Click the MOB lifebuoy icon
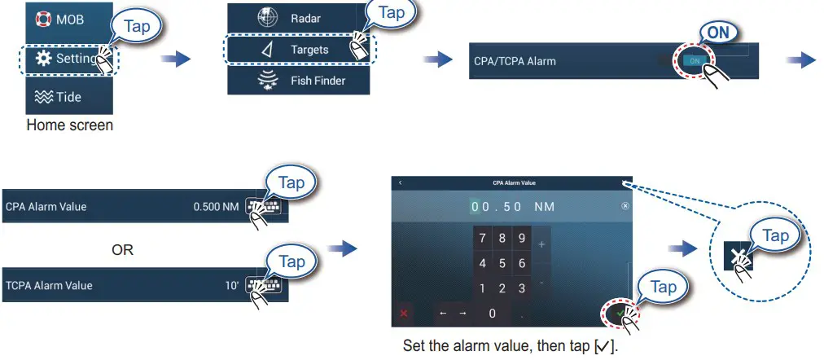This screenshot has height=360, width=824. (x=42, y=20)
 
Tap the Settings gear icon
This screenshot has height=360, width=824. (x=42, y=59)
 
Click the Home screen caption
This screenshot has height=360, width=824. (x=70, y=125)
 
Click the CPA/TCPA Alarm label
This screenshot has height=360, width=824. (x=515, y=61)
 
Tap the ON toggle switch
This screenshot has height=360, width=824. (x=694, y=61)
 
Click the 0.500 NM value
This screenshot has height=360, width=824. (x=216, y=207)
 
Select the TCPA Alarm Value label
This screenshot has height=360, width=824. (x=49, y=286)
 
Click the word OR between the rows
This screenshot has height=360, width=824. (x=122, y=250)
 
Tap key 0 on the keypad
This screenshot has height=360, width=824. (x=492, y=313)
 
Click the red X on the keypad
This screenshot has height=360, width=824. (x=402, y=313)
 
